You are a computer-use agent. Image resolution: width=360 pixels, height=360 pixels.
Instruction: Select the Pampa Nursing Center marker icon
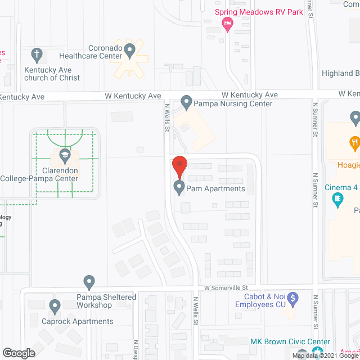point(187,102)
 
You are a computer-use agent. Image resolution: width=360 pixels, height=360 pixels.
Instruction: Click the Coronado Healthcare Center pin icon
point(130,51)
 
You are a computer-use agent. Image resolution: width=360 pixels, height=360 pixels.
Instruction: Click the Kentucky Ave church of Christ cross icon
point(37,54)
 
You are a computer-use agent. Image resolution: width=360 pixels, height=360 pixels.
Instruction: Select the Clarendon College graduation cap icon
point(65,154)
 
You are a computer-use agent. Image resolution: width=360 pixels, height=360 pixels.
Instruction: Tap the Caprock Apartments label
point(78,322)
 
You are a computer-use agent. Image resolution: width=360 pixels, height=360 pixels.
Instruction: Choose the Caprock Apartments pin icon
point(55,307)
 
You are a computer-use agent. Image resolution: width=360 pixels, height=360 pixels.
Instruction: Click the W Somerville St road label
point(226,287)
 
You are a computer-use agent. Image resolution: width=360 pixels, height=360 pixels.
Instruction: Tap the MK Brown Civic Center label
point(290,341)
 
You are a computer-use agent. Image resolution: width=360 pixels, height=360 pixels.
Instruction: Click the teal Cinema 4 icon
point(337,198)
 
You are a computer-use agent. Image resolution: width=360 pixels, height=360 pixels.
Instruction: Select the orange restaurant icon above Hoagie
point(354,142)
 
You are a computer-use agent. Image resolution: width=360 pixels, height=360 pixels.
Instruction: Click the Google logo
point(18,353)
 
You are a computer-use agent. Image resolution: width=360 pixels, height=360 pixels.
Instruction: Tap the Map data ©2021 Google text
point(325,355)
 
